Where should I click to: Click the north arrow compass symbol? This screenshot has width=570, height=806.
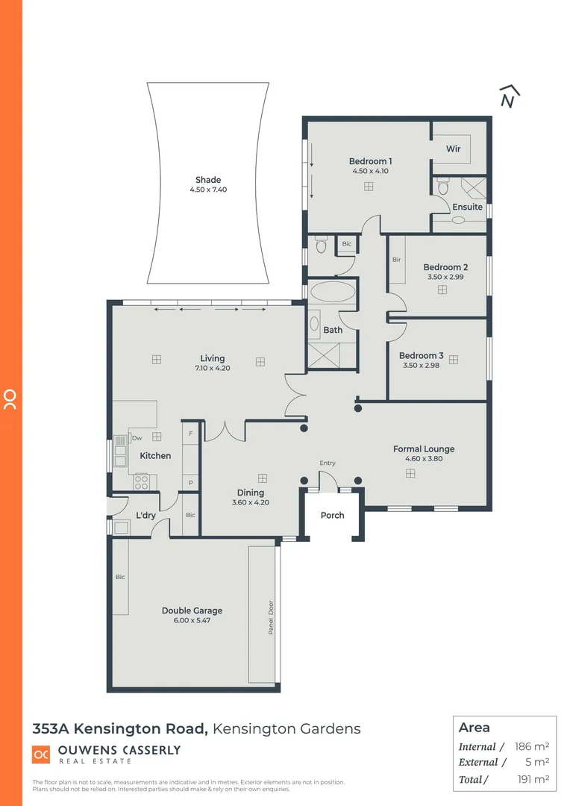(509, 97)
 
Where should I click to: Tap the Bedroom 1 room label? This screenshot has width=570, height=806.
(370, 161)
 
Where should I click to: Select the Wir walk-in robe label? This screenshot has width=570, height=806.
(454, 149)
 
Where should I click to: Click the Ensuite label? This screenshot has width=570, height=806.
(468, 207)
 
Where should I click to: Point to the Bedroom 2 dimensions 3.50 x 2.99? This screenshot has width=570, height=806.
(445, 277)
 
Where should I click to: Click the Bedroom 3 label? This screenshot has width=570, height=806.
(421, 356)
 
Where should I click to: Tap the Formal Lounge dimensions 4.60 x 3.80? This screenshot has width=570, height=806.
(424, 459)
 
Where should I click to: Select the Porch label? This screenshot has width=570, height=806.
(333, 515)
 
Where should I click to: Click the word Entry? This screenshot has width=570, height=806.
(328, 463)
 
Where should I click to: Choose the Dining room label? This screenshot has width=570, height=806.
(251, 493)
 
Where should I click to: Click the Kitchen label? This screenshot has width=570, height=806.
(155, 455)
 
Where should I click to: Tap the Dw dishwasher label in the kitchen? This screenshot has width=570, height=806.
(137, 438)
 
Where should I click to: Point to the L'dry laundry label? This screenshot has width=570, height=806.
(145, 515)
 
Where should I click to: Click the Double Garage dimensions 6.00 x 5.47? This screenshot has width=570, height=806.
(192, 620)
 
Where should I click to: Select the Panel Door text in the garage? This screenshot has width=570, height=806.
(271, 618)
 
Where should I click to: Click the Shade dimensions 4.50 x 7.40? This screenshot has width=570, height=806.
(208, 190)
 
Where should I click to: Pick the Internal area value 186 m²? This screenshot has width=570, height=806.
(532, 746)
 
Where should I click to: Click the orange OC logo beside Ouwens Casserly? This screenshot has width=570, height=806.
(41, 755)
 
